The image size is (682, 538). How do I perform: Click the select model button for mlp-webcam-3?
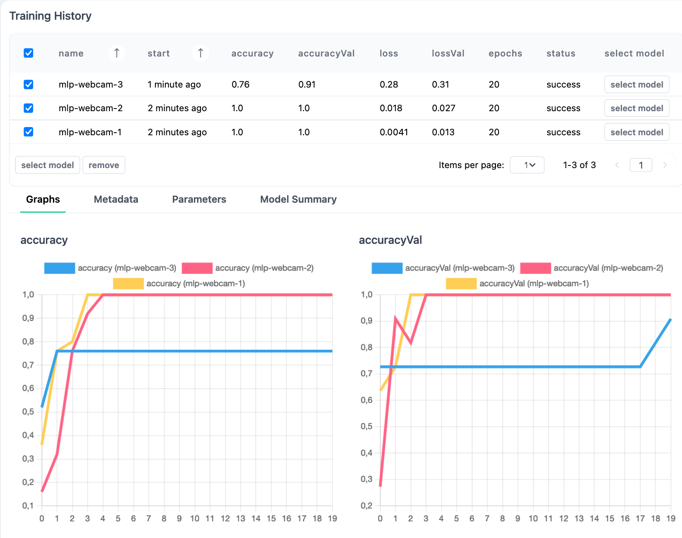tap(636, 84)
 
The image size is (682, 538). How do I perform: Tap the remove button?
tap(104, 165)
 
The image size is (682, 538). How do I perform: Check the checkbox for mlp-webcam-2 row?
tap(28, 108)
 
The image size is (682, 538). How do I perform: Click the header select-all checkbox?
tap(28, 53)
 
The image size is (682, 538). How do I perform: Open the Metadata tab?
tap(116, 199)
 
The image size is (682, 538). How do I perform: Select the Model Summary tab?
tap(298, 199)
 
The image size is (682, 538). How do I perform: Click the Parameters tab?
tap(199, 199)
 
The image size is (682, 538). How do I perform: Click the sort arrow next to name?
tap(116, 53)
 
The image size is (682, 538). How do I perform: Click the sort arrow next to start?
tap(200, 53)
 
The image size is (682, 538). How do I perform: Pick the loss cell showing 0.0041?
tap(394, 132)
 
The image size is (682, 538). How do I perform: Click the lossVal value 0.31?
tap(440, 84)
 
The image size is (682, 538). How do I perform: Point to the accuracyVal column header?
tap(326, 53)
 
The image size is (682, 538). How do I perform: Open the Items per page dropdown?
tap(527, 165)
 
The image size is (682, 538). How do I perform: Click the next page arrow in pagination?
tap(665, 165)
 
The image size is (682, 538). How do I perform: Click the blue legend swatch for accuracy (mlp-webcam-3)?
tap(60, 268)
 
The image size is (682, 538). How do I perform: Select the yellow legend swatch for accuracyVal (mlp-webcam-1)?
tap(461, 284)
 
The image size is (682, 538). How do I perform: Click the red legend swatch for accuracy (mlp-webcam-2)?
tap(197, 268)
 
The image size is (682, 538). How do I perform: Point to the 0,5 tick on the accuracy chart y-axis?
tap(28, 412)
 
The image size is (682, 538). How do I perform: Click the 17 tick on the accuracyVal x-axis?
tap(640, 519)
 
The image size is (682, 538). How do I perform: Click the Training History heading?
tap(50, 16)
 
